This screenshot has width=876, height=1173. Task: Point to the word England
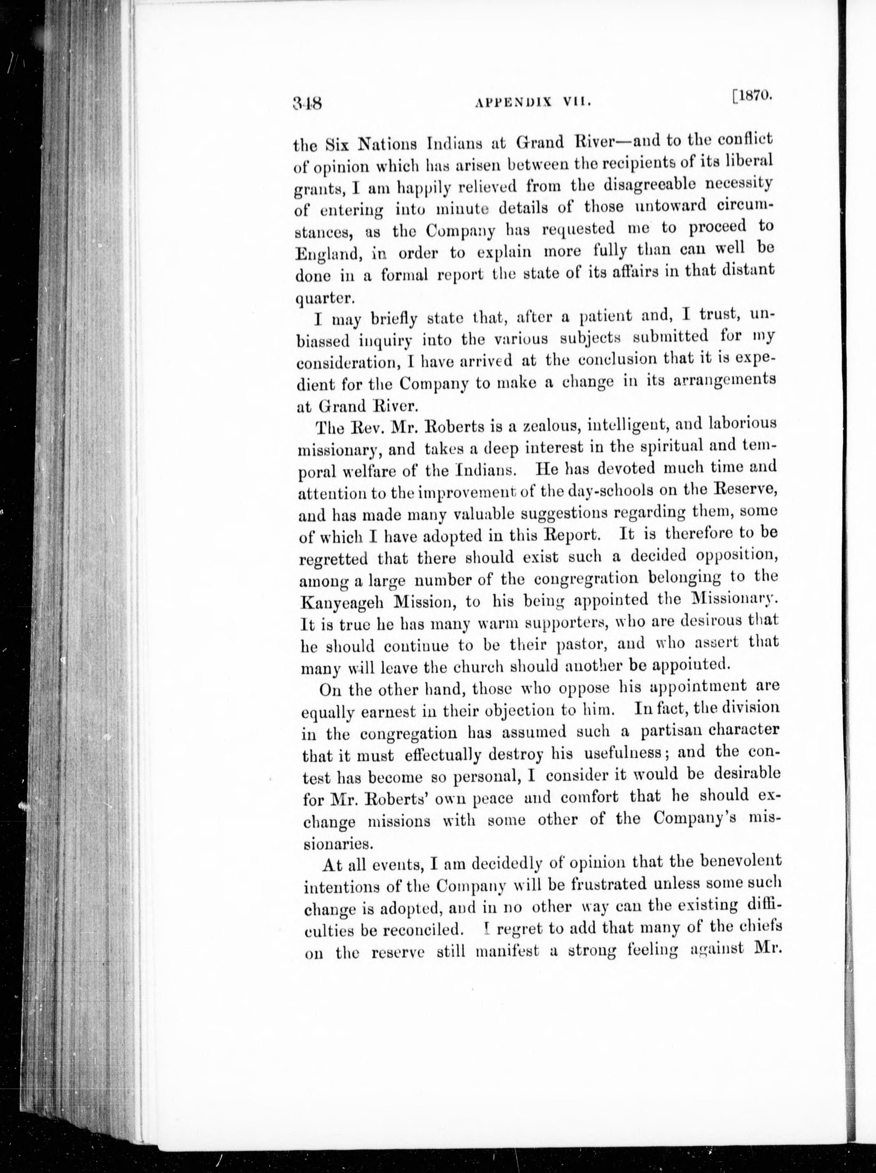tap(328, 254)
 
